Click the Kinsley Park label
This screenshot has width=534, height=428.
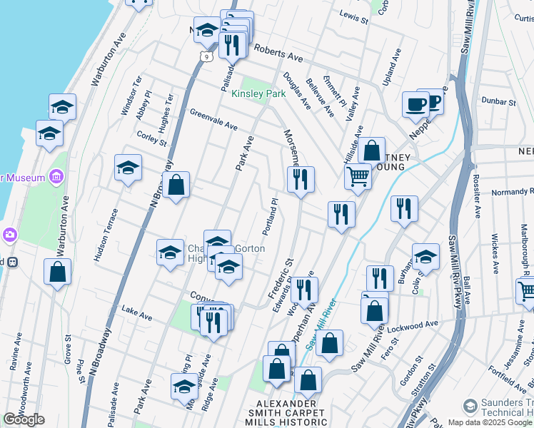[x=258, y=93]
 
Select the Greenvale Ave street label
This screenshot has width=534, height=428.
[x=213, y=119]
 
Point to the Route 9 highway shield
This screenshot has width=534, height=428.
[x=206, y=55]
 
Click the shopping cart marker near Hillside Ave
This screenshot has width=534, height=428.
[x=358, y=175]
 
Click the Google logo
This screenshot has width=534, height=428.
[x=24, y=419]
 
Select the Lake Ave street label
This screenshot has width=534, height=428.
[x=137, y=313]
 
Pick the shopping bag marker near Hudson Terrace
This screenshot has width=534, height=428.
[x=57, y=272]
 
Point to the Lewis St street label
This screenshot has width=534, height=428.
[x=353, y=16]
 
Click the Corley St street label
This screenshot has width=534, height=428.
[x=151, y=138]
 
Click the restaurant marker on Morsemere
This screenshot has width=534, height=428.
[x=301, y=178]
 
